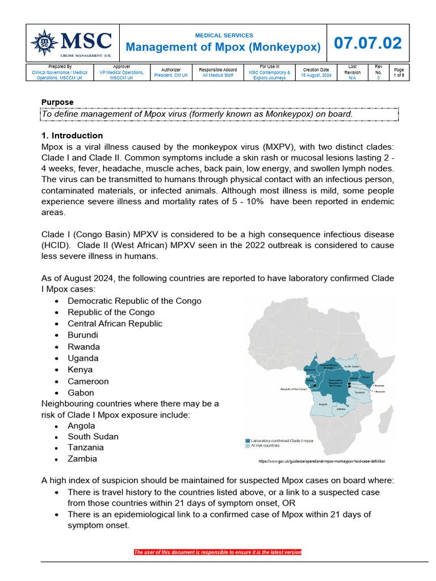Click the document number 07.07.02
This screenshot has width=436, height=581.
click(367, 43)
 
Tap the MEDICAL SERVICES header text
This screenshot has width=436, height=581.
click(224, 35)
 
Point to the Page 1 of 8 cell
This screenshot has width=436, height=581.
click(399, 72)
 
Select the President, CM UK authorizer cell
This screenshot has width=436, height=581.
click(171, 75)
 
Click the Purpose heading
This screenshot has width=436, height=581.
click(57, 102)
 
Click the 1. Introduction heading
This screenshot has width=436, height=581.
click(72, 136)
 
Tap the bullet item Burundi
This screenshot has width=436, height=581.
click(83, 335)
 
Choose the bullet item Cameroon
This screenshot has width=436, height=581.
click(88, 381)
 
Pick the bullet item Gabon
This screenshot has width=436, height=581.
click(81, 393)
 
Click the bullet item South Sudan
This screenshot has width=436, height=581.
click(93, 436)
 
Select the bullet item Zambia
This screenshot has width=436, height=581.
click(82, 458)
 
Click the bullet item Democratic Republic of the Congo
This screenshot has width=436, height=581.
click(134, 301)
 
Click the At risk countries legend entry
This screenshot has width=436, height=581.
click(270, 446)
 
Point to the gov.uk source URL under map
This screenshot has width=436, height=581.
click(326, 461)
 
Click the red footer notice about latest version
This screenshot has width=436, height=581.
click(217, 552)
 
